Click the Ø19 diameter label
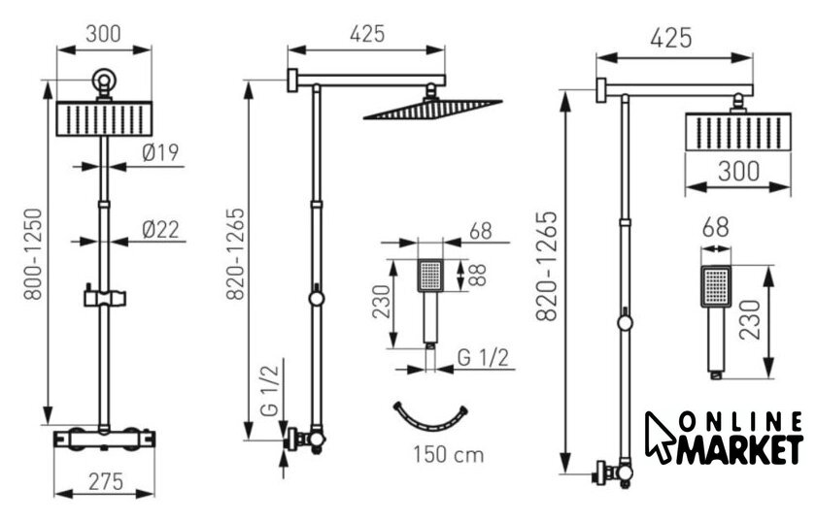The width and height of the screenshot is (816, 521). coord(160,152)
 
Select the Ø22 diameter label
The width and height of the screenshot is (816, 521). coord(160,229)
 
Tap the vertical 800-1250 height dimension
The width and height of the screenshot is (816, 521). coord(33,254)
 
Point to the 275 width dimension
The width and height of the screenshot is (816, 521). coord(106,482)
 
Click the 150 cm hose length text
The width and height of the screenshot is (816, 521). coord(449,455)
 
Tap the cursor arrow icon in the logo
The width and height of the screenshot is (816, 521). coord(660,436)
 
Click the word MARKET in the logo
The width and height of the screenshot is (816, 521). coord(740,450)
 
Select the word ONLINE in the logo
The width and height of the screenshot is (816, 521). coord(741,422)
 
